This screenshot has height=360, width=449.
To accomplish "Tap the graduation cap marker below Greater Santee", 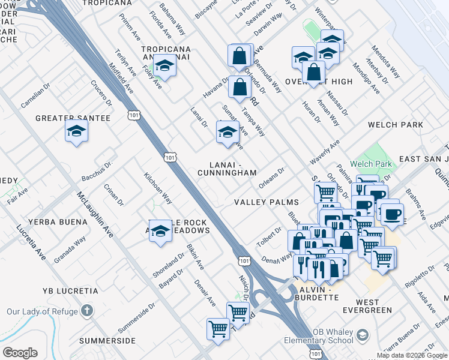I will coord(76,131).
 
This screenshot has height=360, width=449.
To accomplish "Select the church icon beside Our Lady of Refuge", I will coord(87,311).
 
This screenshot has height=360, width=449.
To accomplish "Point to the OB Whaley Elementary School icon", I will coord(362,334).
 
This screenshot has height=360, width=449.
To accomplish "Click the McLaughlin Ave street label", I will coord(95,214).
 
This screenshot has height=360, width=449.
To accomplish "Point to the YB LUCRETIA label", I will coord(70,291).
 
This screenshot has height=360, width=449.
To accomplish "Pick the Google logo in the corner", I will coord(20,353).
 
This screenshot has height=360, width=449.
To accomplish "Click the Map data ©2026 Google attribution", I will coord(412,355).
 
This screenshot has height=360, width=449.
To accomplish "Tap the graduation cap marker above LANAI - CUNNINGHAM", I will coord(228,133).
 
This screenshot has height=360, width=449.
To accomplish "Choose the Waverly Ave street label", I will coord(325,152).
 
